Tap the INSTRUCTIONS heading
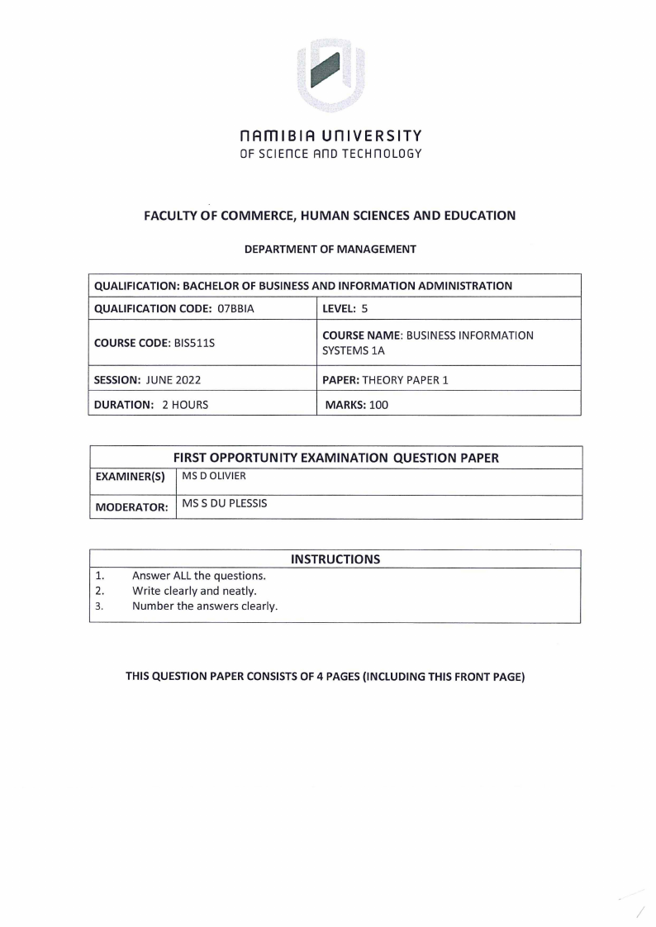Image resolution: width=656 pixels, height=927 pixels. click(335, 559)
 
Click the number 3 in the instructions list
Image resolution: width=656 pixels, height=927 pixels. click(97, 606)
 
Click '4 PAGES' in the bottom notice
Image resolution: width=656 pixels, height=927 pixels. click(338, 677)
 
